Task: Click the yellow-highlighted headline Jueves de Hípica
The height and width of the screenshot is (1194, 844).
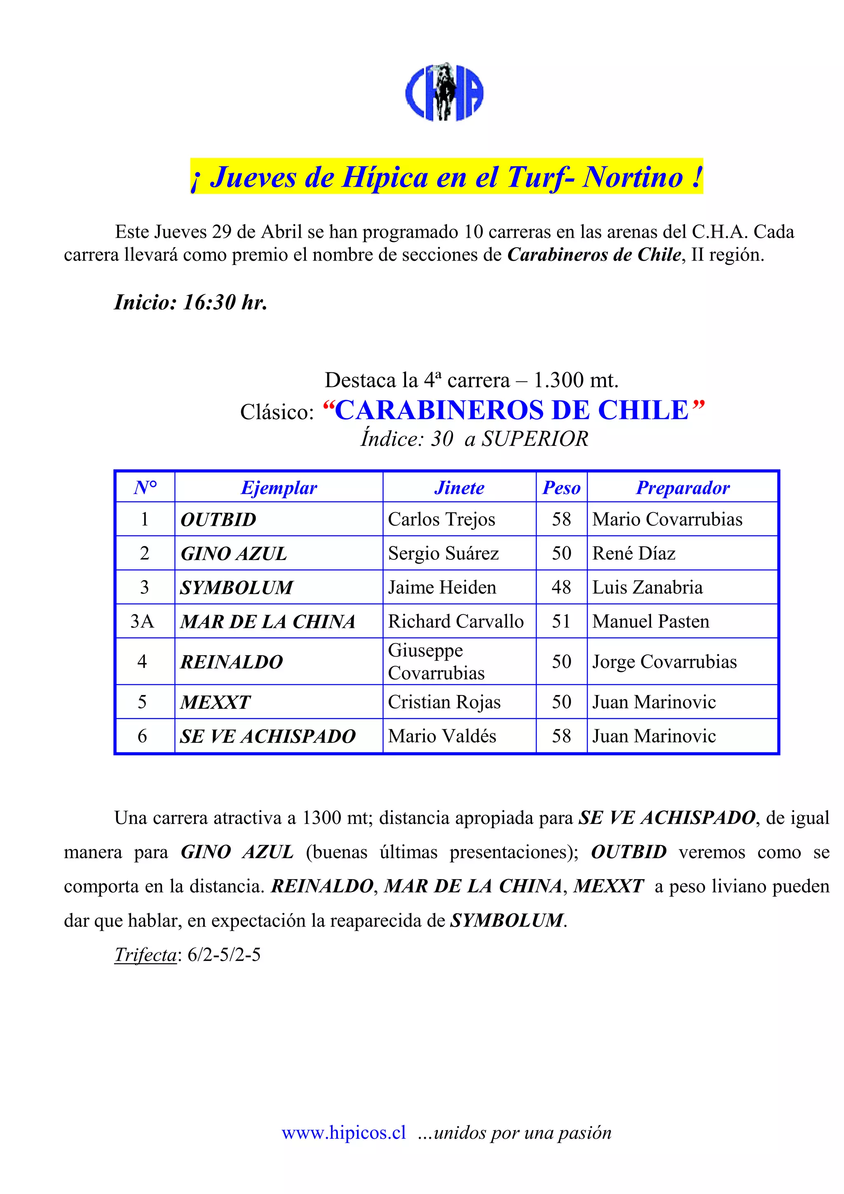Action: [446, 177]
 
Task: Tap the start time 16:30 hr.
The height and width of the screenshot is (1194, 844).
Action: [191, 302]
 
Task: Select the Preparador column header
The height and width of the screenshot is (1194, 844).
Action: [682, 488]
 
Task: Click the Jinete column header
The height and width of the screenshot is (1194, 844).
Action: [459, 488]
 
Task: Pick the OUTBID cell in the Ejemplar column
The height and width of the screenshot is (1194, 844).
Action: [218, 520]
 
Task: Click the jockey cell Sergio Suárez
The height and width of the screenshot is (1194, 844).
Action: [443, 553]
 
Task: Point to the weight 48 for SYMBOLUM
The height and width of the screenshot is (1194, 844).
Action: [561, 587]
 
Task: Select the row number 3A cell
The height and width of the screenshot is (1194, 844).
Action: [143, 621]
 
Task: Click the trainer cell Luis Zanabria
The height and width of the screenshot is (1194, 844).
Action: [647, 587]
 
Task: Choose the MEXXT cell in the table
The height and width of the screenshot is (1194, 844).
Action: [215, 702]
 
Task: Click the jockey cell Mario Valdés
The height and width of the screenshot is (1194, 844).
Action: [442, 736]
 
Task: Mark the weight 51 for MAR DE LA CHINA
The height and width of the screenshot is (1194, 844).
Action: [561, 621]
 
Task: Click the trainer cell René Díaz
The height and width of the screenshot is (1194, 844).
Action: [634, 553]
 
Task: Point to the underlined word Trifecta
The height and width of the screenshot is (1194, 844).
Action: [145, 955]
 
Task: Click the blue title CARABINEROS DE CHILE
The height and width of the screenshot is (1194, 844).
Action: [513, 410]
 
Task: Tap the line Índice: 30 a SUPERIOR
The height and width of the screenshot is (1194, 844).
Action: [474, 439]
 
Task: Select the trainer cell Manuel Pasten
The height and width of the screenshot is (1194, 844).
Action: [651, 621]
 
